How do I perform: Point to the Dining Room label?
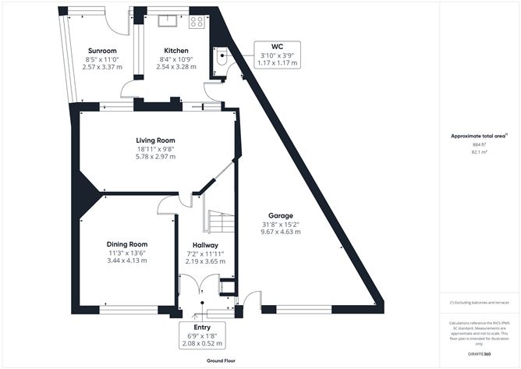127,244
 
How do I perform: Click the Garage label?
282,215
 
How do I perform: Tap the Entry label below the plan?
202,328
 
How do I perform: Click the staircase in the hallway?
219,223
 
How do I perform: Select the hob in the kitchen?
197,23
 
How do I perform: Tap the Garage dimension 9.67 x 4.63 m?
282,232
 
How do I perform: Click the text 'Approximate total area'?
477,136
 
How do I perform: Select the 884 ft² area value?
479,145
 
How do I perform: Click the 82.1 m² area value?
479,153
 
